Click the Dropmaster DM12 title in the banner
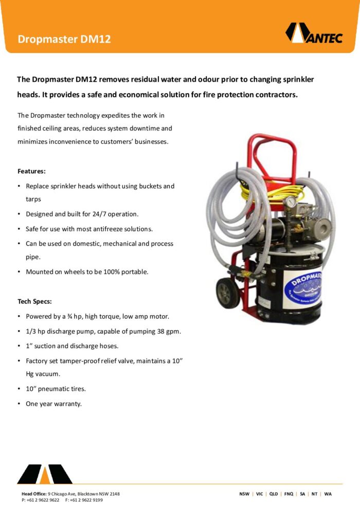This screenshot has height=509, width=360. tap(64, 39)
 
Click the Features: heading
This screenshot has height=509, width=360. tap(31, 171)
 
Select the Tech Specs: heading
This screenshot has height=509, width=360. tap(34, 301)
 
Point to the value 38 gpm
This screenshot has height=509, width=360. tap(168, 331)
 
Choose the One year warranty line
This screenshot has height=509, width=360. tap(53, 404)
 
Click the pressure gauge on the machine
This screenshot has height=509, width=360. tap(292, 202)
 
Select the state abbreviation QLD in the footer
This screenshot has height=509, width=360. tap(274, 494)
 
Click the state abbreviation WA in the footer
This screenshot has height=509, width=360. tap(328, 494)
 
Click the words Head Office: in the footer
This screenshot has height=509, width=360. tap(34, 494)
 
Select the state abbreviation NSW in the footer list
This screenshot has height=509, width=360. tap(244, 494)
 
